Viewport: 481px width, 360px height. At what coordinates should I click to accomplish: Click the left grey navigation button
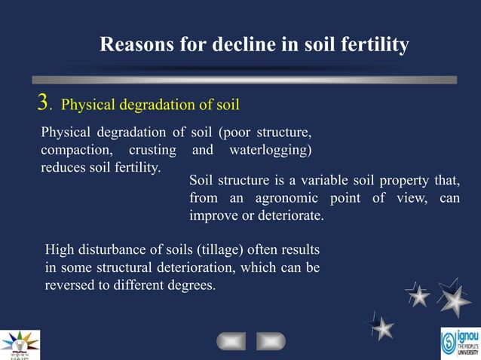(231, 341)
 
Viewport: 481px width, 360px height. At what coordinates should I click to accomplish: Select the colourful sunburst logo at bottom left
(20, 343)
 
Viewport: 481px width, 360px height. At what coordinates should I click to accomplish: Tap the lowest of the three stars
(383, 328)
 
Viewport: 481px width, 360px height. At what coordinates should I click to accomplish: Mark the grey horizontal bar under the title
(244, 79)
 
